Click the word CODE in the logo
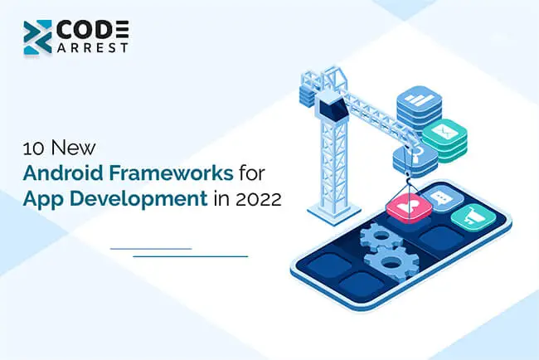93,30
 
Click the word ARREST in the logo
93,47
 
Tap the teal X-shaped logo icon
37,37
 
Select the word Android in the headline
63,173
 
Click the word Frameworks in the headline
171,173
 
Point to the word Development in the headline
138,198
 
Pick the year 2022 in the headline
259,199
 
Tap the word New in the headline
73,148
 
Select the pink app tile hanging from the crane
409,207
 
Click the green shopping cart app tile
473,217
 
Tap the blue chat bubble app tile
443,198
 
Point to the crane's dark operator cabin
332,107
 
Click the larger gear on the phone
391,263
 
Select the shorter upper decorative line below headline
151,248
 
